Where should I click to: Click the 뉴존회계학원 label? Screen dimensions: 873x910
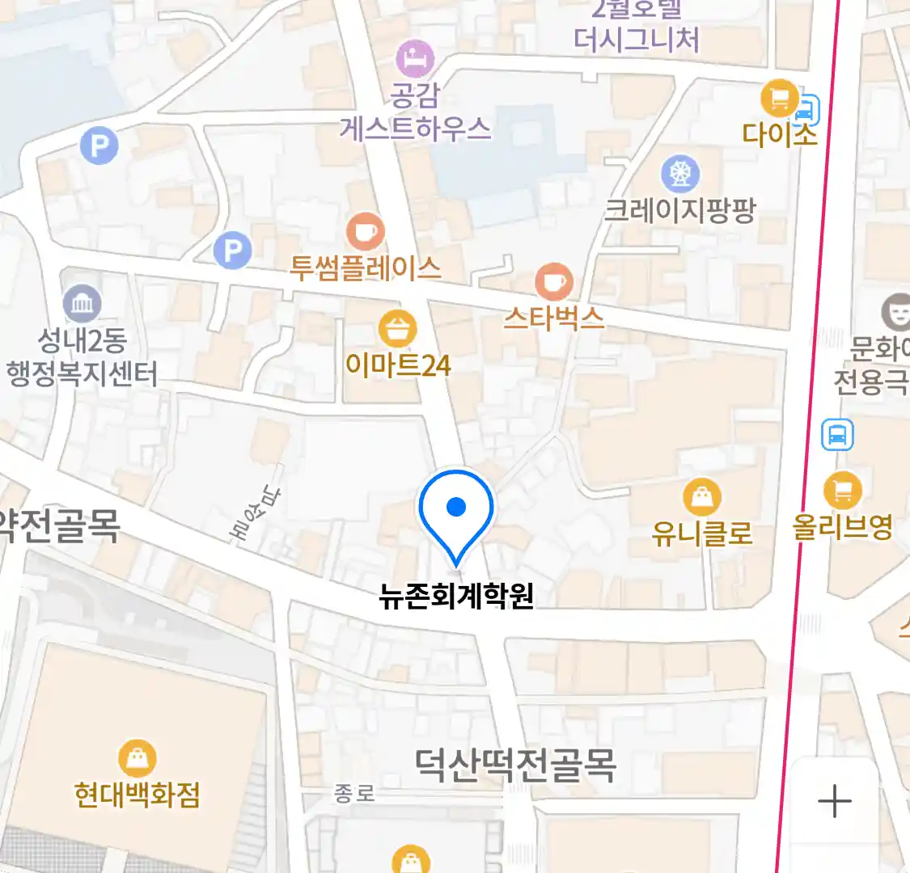coord(456,596)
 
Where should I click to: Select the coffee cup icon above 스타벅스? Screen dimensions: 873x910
coord(554,282)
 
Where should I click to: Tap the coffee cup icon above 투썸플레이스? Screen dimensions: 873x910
coord(365,232)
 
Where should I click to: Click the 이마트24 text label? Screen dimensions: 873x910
coord(397,365)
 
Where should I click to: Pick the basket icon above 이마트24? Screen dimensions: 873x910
coord(397,329)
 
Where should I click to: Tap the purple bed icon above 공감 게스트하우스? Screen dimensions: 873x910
coord(415,58)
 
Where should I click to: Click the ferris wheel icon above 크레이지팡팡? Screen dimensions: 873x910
coord(680,173)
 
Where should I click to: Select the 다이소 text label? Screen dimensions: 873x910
coord(779,134)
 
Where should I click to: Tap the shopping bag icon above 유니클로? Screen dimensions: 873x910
coord(702,497)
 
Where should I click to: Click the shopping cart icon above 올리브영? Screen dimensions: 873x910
coord(843,489)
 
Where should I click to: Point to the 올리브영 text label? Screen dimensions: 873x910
coord(843,527)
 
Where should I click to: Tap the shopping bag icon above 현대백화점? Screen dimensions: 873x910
coord(138,758)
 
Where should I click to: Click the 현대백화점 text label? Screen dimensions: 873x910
coord(137,795)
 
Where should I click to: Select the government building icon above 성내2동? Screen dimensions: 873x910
coord(83,304)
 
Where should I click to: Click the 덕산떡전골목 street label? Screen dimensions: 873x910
coord(515,764)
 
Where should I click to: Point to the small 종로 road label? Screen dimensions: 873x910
coord(354,794)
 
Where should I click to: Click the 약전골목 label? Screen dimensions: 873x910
coord(60,526)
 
